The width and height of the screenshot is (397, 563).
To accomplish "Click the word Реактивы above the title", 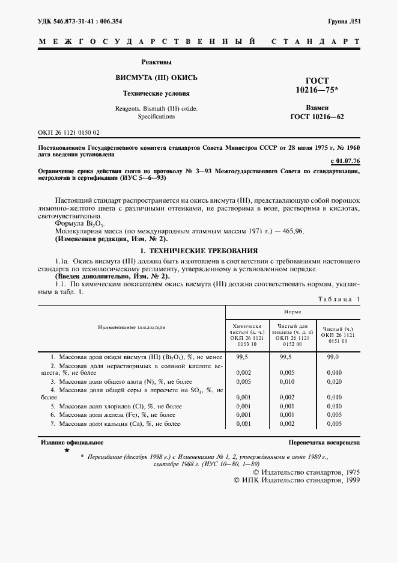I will click(x=156, y=62).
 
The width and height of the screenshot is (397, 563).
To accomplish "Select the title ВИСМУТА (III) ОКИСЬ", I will click(x=156, y=78).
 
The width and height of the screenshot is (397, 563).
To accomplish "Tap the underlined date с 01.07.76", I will click(x=345, y=161).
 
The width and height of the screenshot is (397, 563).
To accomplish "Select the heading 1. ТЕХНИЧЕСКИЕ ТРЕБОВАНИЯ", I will click(x=198, y=250).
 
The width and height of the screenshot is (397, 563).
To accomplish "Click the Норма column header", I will click(x=292, y=312).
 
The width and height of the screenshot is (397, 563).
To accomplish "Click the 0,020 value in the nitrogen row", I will click(x=333, y=381).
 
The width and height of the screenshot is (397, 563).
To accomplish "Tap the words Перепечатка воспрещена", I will click(x=324, y=442).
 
